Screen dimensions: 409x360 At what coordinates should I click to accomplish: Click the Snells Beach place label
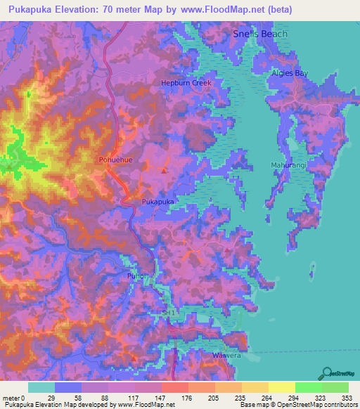[x=260, y=34]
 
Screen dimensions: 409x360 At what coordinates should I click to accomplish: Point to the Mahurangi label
[x=288, y=165]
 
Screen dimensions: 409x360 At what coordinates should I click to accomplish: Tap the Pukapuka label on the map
[x=157, y=201]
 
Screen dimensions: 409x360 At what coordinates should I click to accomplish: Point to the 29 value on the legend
[x=51, y=398]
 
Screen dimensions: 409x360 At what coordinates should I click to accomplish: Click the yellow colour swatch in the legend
[x=281, y=387]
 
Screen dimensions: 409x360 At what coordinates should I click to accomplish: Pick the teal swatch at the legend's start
[x=41, y=387]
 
